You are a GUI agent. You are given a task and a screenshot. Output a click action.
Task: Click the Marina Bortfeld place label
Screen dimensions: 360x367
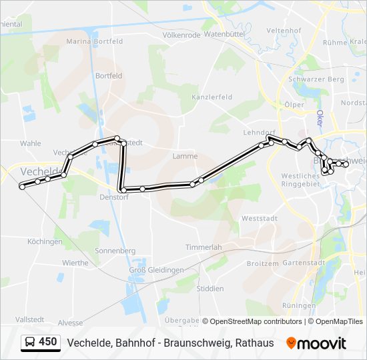95,41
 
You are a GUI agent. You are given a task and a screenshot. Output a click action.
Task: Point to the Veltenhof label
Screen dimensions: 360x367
284,31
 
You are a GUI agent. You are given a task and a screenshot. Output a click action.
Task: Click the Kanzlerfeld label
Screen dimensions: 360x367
212,97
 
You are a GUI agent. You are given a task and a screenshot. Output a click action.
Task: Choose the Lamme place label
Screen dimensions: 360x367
185,156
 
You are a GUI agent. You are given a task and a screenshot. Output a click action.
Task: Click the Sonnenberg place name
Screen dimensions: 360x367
115,251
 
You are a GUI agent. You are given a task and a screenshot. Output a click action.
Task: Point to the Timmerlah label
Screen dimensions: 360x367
204,247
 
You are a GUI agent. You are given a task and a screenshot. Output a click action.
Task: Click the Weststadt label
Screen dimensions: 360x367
259,218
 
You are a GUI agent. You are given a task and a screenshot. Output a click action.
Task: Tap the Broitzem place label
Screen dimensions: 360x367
262,263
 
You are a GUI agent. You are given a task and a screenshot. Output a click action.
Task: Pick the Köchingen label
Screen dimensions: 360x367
45,241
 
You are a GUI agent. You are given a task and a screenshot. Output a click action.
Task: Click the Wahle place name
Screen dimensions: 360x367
31,143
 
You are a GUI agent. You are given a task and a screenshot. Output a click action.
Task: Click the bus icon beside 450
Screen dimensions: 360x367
30,343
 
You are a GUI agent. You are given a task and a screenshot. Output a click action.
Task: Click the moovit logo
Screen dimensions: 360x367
316,343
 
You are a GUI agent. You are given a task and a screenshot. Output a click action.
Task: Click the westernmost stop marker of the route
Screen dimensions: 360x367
22,187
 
